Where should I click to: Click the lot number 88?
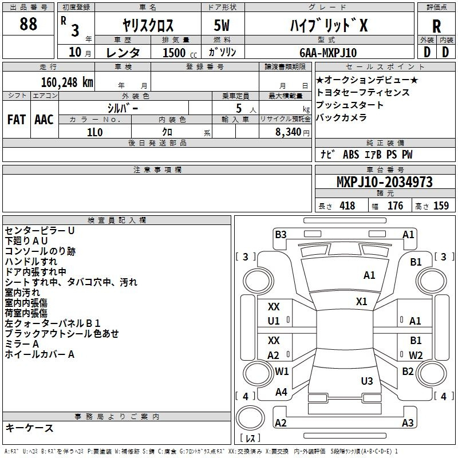[28, 23]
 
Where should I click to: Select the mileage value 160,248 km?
[67, 82]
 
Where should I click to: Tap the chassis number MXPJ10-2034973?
[385, 181]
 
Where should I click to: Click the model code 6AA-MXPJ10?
[328, 53]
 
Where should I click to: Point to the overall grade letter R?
[437, 26]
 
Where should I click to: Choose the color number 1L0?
[95, 132]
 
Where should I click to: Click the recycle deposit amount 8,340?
[289, 132]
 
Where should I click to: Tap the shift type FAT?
[17, 120]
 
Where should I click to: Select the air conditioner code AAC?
[44, 120]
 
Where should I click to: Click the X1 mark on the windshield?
[362, 302]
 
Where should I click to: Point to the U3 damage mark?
[367, 381]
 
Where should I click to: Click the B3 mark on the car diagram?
[281, 235]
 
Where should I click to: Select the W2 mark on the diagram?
[416, 355]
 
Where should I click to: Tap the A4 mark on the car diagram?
[281, 392]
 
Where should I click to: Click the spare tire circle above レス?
[250, 418]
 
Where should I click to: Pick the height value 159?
[441, 206]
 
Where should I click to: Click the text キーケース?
[30, 428]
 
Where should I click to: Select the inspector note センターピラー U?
[40, 231]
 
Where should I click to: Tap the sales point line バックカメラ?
[341, 117]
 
